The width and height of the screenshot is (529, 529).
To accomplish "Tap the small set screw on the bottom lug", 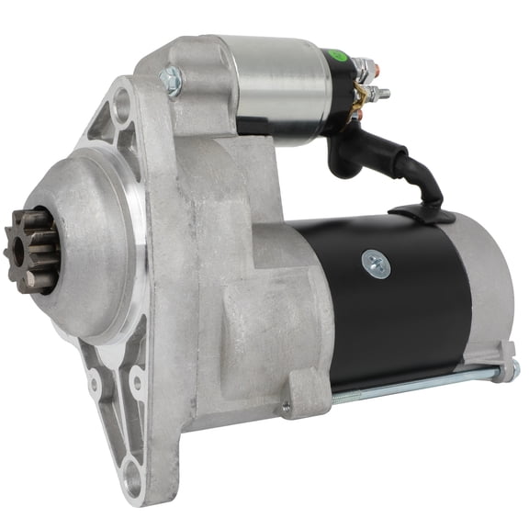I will click(287, 405).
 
